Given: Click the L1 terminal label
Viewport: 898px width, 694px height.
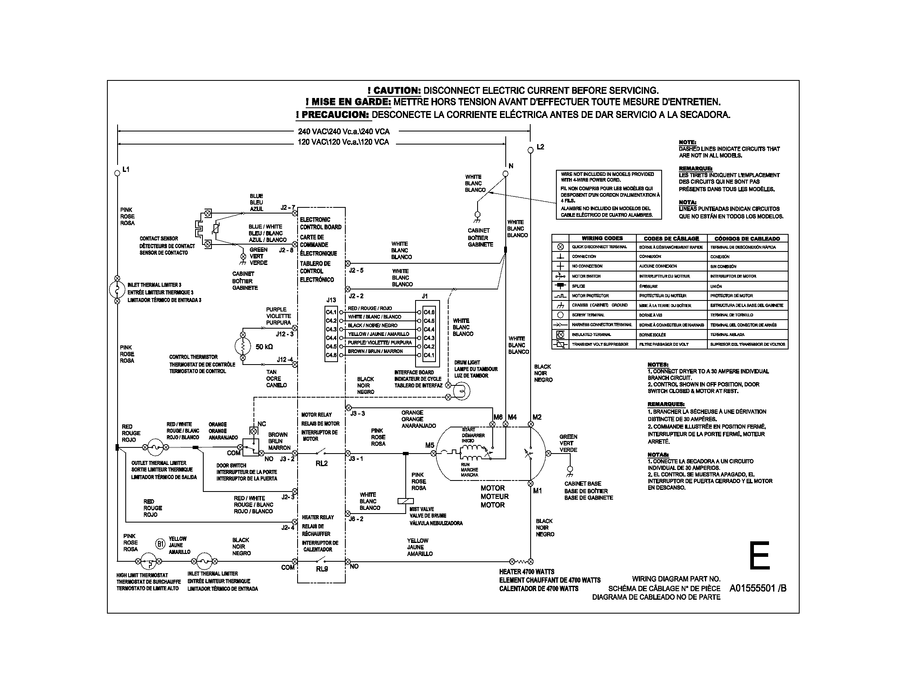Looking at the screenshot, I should pos(126,169).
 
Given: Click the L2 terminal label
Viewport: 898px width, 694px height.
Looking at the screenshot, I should pos(540,147).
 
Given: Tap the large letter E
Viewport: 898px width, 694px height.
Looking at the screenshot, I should pos(760,556).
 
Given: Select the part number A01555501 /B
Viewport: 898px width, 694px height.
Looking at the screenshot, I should pos(758,588).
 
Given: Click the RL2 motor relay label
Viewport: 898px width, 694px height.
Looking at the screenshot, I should pos(322,463).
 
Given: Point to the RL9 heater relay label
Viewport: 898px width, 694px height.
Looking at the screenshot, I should pos(322,569).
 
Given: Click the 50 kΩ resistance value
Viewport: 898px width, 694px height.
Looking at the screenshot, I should pos(264,347).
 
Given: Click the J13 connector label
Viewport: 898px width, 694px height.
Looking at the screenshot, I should pos(331,300).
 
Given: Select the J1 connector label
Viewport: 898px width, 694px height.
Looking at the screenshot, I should pos(425,296).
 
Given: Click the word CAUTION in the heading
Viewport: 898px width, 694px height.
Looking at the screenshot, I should pos(394,91).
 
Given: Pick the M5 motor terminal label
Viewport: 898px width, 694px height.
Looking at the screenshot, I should pos(429,445).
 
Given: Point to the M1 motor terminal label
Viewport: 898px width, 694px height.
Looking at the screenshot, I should pos(538,491).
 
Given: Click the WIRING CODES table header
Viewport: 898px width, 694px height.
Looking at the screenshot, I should pos(602,238).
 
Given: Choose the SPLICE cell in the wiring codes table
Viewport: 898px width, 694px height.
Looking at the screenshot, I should pos(578,286).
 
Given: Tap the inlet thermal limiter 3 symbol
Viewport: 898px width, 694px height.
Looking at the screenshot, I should pos(117,289).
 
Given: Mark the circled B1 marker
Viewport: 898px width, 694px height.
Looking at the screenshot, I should pos(160,544).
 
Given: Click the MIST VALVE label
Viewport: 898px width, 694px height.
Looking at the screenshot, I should pos(422,509).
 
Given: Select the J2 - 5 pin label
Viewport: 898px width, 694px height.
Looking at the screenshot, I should pos(356,271).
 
